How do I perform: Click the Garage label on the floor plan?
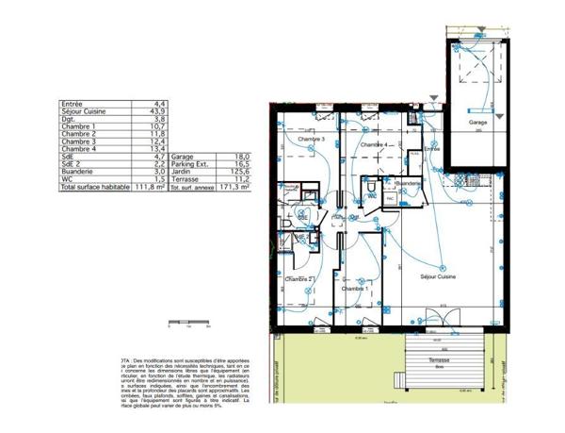pyautogui.click(x=478, y=122)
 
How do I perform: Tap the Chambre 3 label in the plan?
pyautogui.click(x=311, y=140)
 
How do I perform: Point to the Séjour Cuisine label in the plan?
pyautogui.click(x=437, y=275)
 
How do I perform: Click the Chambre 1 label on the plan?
pyautogui.click(x=355, y=289)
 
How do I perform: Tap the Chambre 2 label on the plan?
pyautogui.click(x=299, y=280)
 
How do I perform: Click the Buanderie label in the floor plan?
pyautogui.click(x=409, y=183)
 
